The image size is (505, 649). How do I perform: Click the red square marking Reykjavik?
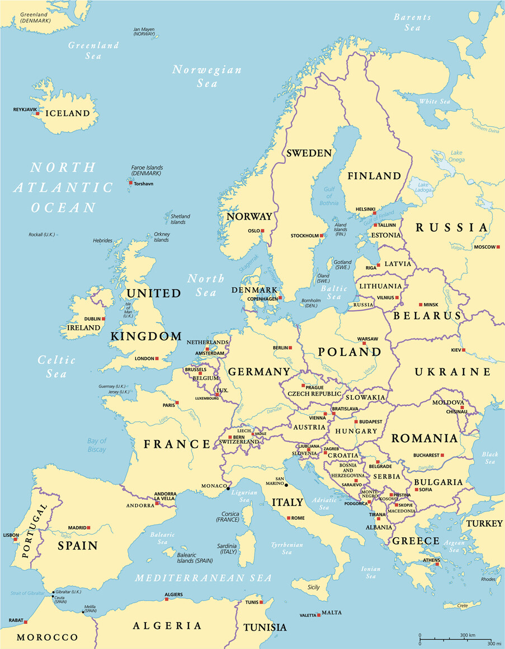tap(37, 113)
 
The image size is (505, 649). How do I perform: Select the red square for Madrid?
tap(88, 527)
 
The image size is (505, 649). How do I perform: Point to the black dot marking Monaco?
tap(228, 489)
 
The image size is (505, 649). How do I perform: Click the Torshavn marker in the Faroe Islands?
tap(130, 182)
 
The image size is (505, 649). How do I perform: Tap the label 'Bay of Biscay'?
tap(96, 445)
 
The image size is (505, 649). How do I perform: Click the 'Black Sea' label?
tap(490, 458)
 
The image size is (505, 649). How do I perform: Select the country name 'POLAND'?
tap(350, 352)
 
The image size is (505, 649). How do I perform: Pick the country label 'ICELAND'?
tap(67, 113)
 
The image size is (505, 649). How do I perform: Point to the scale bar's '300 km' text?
tap(468, 636)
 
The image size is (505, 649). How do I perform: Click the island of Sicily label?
tap(314, 587)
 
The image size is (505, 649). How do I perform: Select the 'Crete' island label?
tap(462, 605)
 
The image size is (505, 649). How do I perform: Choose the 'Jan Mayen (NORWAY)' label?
tap(144, 31)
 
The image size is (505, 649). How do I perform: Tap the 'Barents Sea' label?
tap(412, 22)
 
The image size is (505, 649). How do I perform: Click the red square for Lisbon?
tap(15, 539)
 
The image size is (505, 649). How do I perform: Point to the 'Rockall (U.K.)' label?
tap(42, 234)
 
